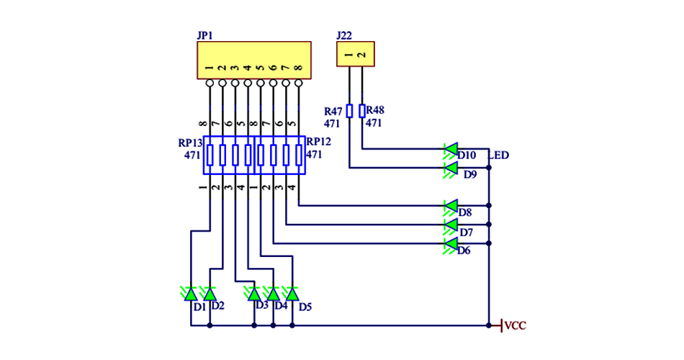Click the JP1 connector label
coord(204,35)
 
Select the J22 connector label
coord(344,35)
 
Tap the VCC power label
coord(516,326)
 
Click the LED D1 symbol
coord(191,294)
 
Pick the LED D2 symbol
coord(210,294)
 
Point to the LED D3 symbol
coord(254,294)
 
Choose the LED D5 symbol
coord(292,294)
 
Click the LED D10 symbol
coord(451,150)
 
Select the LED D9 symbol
coord(451,168)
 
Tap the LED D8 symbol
coord(451,206)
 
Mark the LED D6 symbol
coord(451,244)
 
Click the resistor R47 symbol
coord(350,111)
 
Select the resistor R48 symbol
coord(361,111)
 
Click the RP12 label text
coord(318,143)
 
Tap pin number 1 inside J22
coord(349,54)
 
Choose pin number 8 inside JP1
coord(298,68)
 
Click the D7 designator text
coord(466,233)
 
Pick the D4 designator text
coord(281,306)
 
